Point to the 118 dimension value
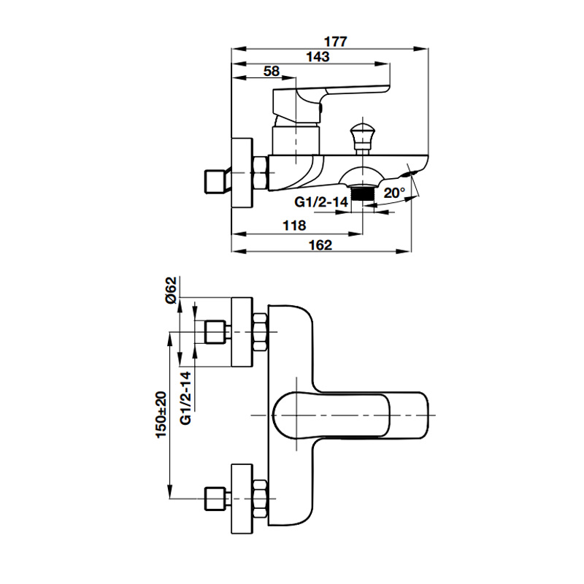point(295,226)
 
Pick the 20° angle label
point(393,193)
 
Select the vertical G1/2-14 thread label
point(186,398)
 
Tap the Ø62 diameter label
point(170,290)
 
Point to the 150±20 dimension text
point(161,415)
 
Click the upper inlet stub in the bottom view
point(215,332)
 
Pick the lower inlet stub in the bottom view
point(215,499)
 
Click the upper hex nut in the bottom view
point(259,332)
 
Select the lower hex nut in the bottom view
point(259,499)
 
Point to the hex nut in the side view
point(259,174)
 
